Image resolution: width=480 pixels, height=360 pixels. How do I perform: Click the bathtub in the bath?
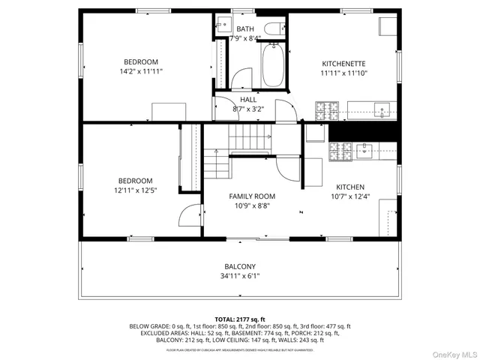272,66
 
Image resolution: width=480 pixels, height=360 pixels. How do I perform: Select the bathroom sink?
222,56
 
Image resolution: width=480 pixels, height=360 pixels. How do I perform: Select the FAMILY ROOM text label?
252,195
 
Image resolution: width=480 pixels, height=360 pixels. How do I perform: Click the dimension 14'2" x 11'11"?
142,71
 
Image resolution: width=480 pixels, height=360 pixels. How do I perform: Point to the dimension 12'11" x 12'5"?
136,190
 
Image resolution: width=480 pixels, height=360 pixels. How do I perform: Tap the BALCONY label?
240,266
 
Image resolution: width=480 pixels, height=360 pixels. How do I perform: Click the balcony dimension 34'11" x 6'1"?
240,276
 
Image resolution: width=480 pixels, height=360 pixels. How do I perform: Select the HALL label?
247,99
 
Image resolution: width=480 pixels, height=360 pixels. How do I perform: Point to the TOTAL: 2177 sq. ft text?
240,319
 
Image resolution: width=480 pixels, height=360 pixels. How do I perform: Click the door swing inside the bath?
241,80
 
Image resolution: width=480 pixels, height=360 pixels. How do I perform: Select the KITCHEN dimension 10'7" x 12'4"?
349,197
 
